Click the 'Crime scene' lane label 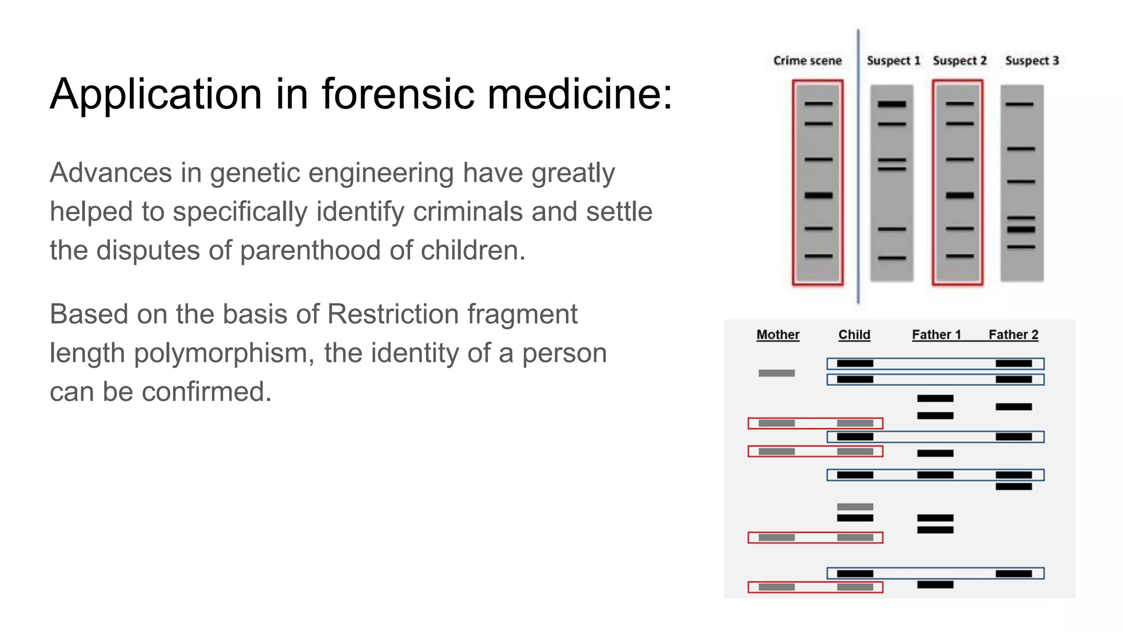tap(807, 60)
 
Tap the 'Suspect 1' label tap(893, 60)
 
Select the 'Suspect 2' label tap(960, 60)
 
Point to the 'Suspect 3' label tap(1032, 60)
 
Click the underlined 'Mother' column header tap(778, 335)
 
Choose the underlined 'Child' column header tap(854, 335)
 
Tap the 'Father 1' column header tap(937, 335)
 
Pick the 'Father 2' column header tap(1013, 335)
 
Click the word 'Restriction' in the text tap(393, 314)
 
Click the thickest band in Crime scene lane tap(818, 195)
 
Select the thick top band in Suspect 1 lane tap(892, 104)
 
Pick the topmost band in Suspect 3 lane tap(1019, 104)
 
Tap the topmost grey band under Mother tap(776, 373)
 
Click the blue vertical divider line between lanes tap(858, 165)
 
